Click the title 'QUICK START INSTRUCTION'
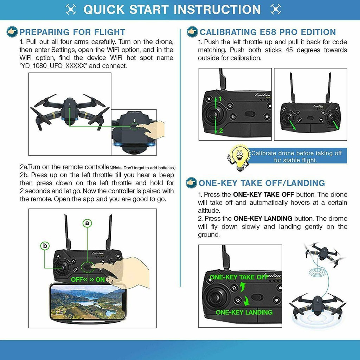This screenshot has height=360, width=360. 172,9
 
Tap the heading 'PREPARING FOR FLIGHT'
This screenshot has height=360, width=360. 72,32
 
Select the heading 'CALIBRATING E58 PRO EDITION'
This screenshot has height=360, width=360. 268,32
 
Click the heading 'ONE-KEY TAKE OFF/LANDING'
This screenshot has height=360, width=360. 262,183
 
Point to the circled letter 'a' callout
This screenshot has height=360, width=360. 87,223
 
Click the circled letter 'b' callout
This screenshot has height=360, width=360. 45,246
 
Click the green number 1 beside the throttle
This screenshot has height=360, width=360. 220,99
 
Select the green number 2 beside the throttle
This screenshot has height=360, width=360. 221,131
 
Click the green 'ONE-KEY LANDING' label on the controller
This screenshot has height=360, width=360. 244,312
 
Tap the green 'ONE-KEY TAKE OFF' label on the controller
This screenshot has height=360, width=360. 239,277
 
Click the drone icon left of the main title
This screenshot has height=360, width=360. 71,9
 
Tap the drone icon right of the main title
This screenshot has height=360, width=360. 275,9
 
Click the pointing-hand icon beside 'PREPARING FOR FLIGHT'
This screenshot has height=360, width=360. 12,32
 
